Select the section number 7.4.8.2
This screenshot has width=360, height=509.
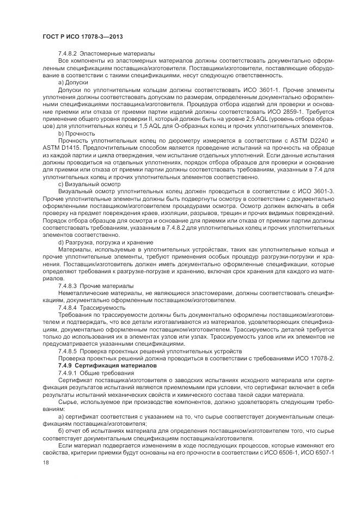69,53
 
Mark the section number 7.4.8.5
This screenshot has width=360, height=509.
69,351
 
